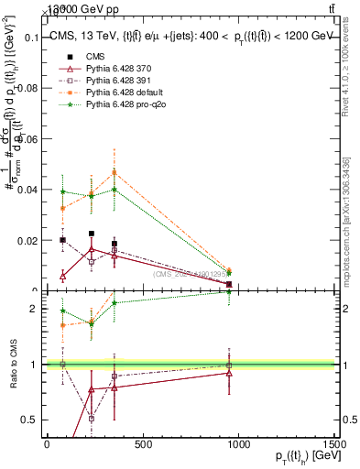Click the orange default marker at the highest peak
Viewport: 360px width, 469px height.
(115, 172)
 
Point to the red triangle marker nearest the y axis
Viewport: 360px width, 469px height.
(62, 276)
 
